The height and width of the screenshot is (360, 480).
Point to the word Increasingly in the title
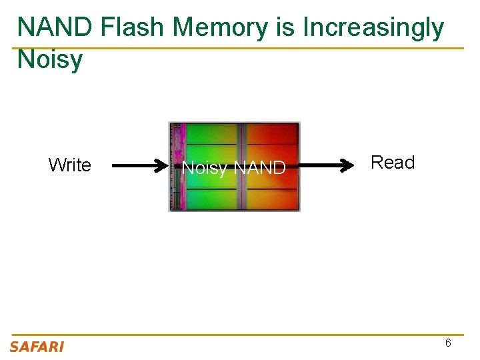tap(373, 27)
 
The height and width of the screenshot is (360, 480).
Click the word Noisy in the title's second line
tap(50, 60)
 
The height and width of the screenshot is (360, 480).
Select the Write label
tap(69, 165)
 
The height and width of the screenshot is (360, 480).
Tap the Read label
tap(393, 163)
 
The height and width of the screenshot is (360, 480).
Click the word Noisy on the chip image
tap(205, 168)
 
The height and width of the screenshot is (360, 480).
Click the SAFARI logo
tap(37, 347)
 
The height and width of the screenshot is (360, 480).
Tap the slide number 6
tap(448, 343)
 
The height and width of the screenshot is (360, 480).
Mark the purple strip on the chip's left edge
tap(176, 167)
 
